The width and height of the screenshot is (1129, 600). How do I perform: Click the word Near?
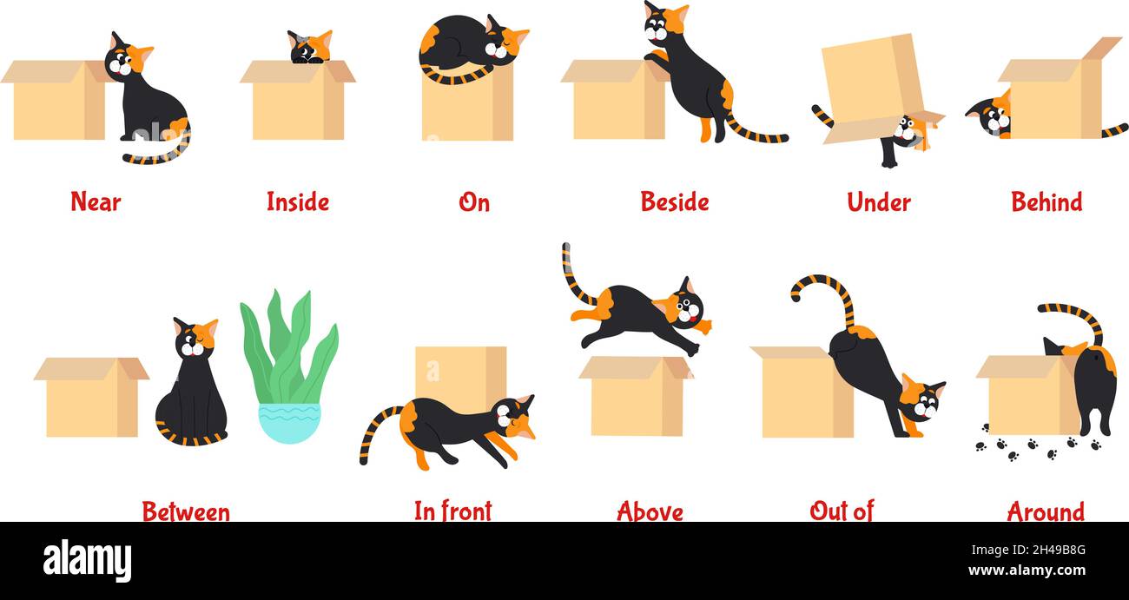click(96, 202)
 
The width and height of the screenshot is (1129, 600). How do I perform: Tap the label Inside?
click(298, 202)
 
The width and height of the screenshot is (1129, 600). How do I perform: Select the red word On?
click(474, 202)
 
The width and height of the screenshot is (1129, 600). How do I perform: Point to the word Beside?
click(675, 202)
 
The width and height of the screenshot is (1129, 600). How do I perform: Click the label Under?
click(879, 202)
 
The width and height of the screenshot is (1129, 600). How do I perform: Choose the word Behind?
click(1046, 202)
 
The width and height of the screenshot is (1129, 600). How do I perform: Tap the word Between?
click(186, 511)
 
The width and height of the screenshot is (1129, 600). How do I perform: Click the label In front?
click(452, 511)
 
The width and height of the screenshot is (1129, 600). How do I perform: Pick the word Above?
click(650, 511)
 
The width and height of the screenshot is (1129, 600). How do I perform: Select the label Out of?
click(841, 511)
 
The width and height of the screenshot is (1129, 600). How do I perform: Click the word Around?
click(1046, 511)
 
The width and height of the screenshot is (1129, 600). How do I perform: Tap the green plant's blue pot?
click(289, 422)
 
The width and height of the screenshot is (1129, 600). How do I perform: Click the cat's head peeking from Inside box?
click(310, 47)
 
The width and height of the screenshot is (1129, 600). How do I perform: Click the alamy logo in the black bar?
click(87, 561)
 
